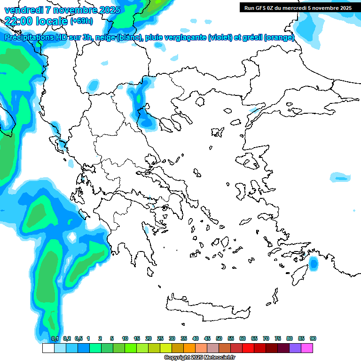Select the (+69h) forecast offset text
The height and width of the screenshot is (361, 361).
click(x=81, y=21)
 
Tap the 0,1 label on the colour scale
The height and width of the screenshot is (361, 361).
click(x=55, y=338)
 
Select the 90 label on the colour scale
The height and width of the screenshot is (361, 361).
click(x=313, y=338)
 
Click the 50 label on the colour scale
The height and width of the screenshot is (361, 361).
click(x=219, y=338)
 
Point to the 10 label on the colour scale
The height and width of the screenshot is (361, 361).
click(x=125, y=338)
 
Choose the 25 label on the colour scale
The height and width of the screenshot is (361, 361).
click(x=160, y=338)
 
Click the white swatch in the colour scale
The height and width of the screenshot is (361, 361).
click(x=48, y=348)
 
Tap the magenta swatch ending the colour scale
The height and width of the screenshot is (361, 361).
click(x=307, y=348)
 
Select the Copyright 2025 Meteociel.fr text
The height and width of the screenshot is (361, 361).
click(x=199, y=358)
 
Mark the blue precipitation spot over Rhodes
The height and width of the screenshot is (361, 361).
click(x=314, y=265)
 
